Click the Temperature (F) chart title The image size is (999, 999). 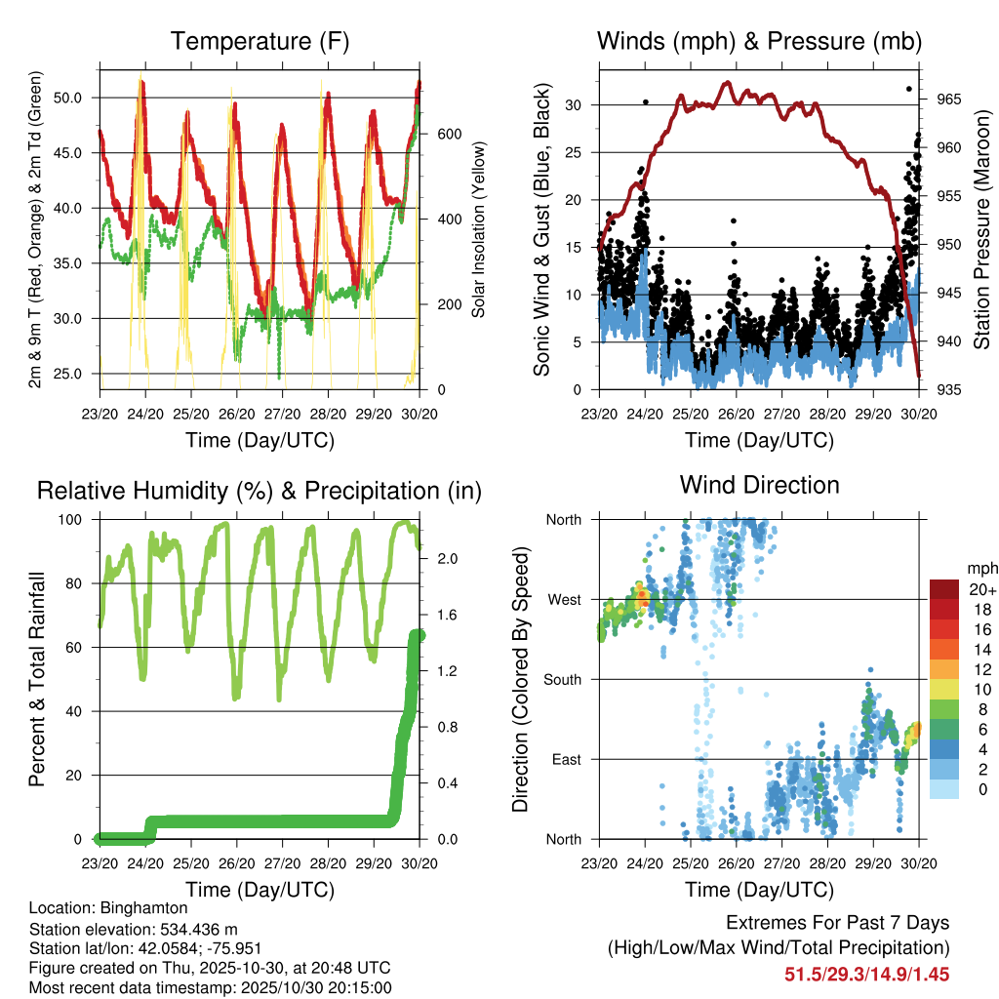point(260,42)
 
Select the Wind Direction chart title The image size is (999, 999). point(759,485)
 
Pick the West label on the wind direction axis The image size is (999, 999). point(564,599)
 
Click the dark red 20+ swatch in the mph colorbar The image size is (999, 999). point(943,588)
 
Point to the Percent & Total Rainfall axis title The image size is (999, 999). point(38,680)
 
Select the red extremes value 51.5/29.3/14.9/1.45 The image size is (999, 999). point(866,974)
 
